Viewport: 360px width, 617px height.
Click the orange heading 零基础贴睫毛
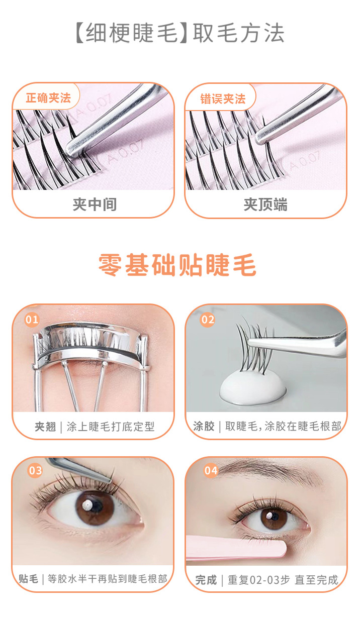177,265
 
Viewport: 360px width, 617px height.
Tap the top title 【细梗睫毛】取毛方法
179,33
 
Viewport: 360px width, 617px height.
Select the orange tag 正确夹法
48,98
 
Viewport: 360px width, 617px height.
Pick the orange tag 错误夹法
223,99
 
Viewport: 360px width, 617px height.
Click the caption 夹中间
95,204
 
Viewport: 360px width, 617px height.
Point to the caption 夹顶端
265,204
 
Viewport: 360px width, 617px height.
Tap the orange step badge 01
32,320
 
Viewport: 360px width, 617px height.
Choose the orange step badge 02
207,320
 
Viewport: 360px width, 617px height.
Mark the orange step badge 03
35,470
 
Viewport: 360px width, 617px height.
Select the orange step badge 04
211,470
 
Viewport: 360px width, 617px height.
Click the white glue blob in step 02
253,388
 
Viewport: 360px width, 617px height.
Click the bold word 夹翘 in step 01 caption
45,427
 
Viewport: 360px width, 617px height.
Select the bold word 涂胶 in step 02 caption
204,426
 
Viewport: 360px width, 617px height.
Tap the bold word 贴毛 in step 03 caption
28,578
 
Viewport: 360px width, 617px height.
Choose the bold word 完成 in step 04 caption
206,580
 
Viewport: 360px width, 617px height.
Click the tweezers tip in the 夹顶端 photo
260,138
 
